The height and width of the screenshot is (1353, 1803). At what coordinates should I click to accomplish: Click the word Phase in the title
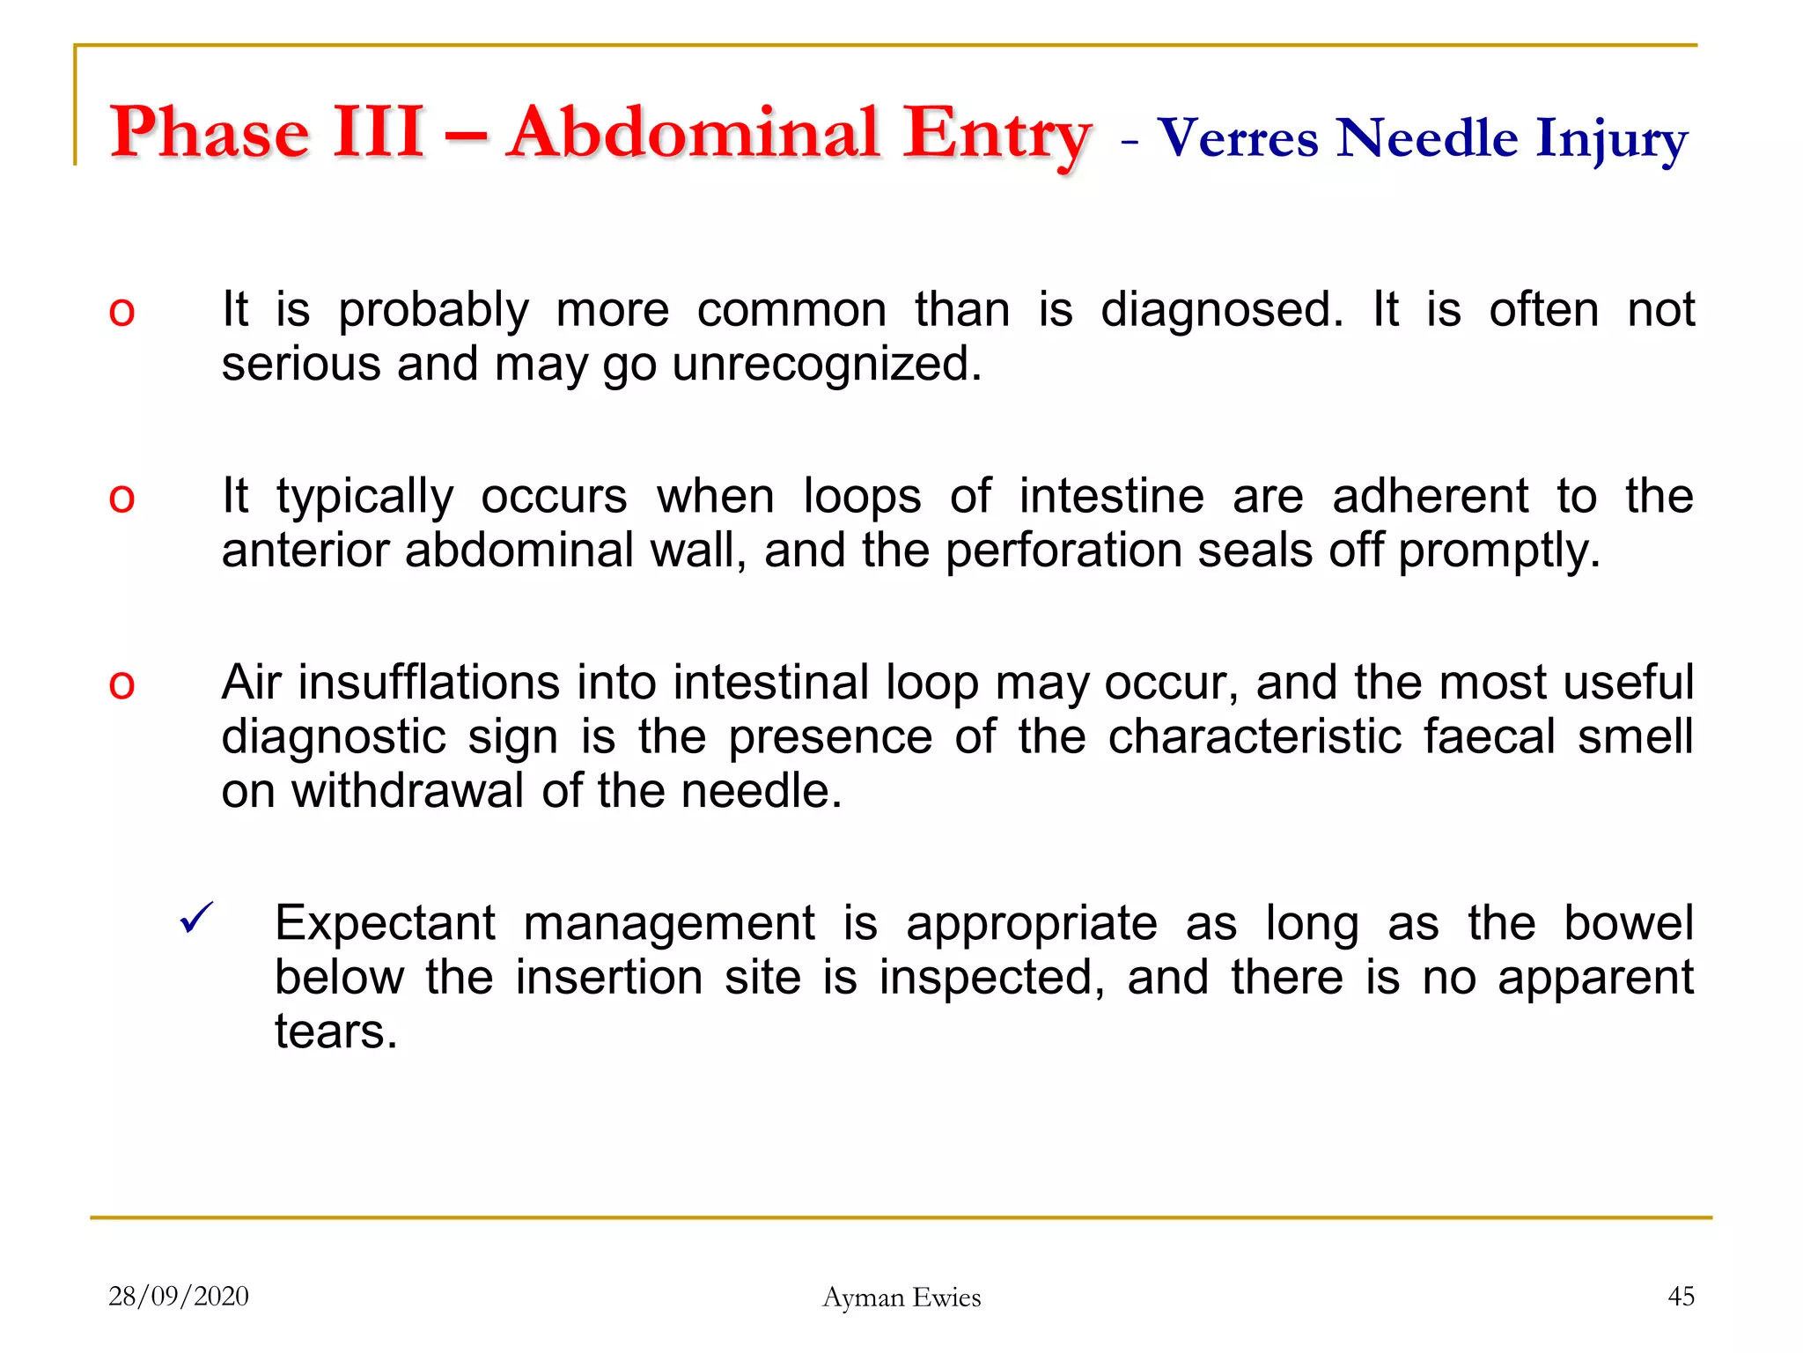click(x=210, y=134)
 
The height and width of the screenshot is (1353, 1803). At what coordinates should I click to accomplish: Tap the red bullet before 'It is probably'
click(x=121, y=311)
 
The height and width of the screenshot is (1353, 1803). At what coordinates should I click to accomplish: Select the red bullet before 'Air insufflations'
click(x=121, y=684)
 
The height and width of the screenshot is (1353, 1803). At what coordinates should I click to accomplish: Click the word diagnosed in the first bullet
click(x=1222, y=310)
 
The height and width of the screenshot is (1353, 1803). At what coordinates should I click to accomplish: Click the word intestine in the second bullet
click(x=1111, y=496)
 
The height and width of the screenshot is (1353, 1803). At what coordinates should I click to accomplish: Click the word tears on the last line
click(x=335, y=1031)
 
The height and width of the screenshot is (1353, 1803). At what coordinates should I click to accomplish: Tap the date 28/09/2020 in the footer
click(x=179, y=1297)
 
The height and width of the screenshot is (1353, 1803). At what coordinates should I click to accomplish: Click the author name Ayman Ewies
click(x=901, y=1298)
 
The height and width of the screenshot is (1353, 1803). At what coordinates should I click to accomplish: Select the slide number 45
click(x=1681, y=1297)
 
